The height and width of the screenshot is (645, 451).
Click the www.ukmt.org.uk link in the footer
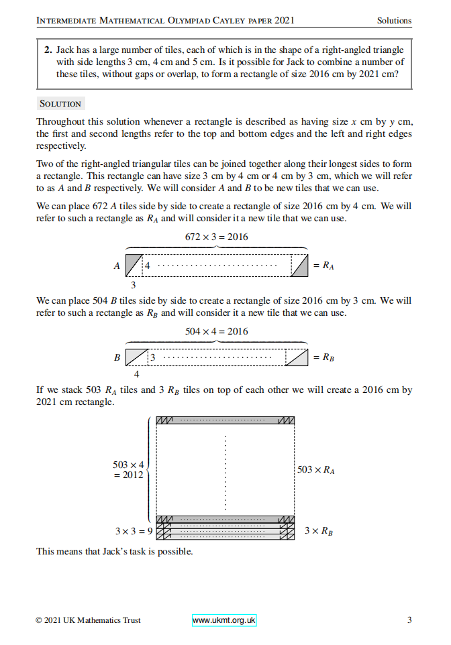pyautogui.click(x=224, y=620)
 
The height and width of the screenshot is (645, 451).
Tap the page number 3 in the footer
pyautogui.click(x=409, y=620)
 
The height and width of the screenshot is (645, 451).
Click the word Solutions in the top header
pyautogui.click(x=394, y=21)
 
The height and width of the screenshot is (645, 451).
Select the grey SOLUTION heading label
pyautogui.click(x=60, y=104)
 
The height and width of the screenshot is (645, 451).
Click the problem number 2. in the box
pyautogui.click(x=48, y=50)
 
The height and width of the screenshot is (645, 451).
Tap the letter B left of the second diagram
pyautogui.click(x=117, y=358)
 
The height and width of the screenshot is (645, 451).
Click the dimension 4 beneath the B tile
pyautogui.click(x=137, y=375)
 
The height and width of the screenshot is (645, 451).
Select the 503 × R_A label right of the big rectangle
pyautogui.click(x=315, y=470)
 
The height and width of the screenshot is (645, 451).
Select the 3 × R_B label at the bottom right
pyautogui.click(x=319, y=531)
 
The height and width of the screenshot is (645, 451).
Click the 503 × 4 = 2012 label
pyautogui.click(x=129, y=470)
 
